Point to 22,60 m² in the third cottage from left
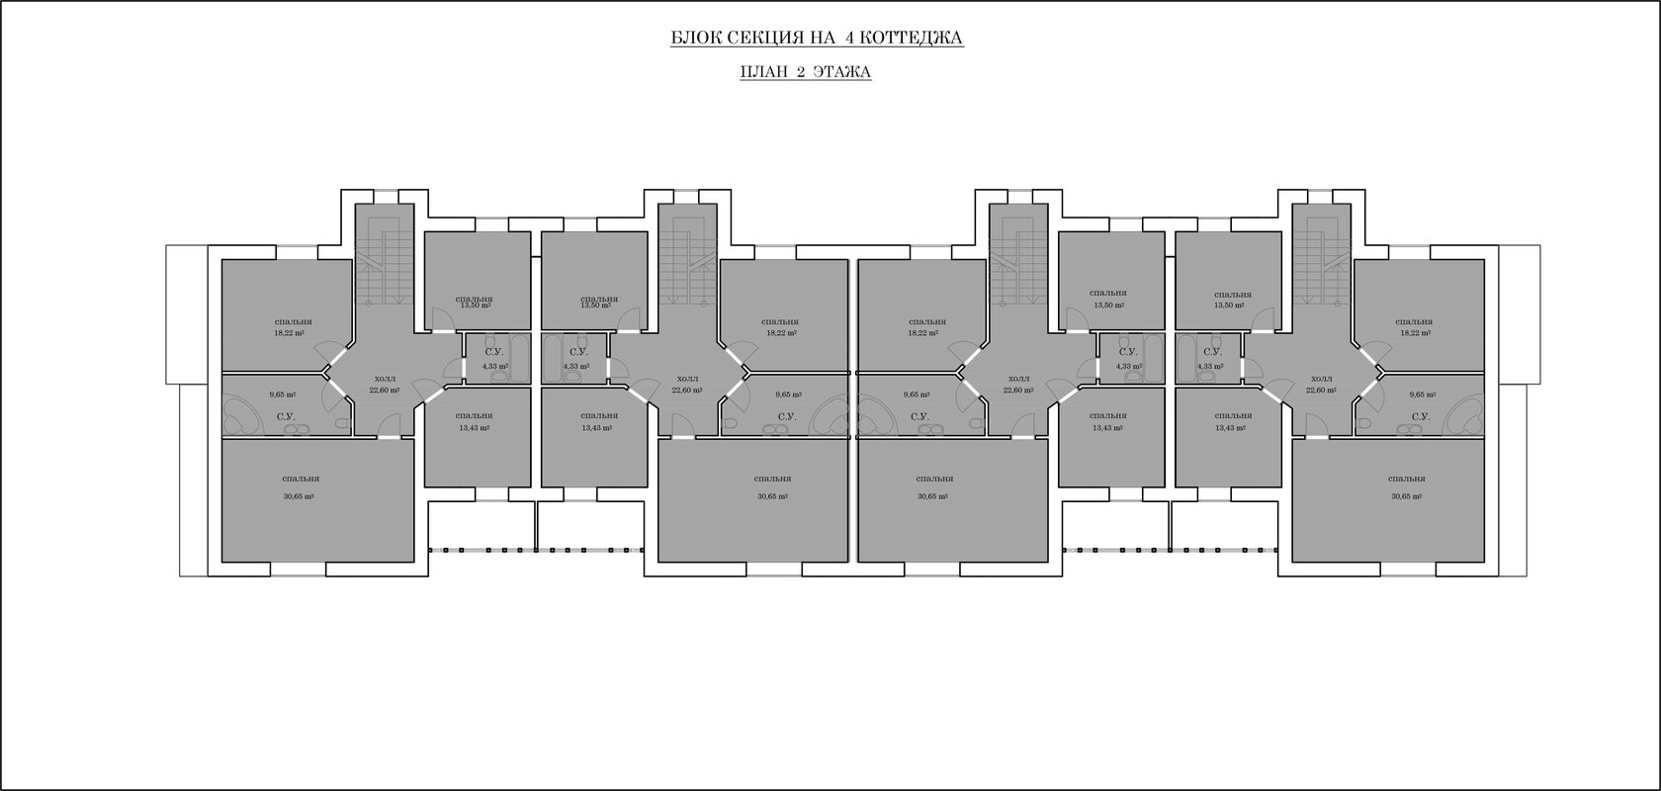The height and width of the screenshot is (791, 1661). coord(1018,391)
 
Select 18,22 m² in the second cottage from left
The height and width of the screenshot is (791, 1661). coord(780,333)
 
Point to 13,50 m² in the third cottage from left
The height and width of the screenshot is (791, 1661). coord(1108,306)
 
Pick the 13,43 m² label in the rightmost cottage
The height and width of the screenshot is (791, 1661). coord(1231,428)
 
